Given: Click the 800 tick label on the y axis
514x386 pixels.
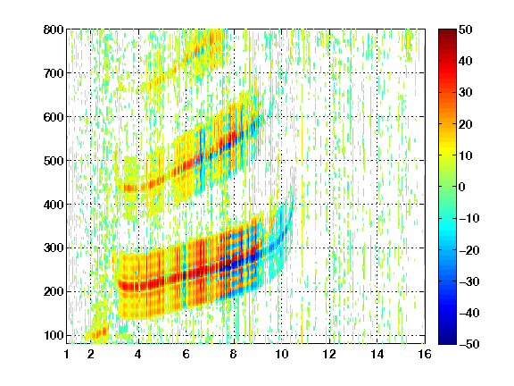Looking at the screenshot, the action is (54, 29).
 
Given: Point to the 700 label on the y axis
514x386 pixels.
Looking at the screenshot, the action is (54, 73).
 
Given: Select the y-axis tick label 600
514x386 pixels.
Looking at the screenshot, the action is (54, 117).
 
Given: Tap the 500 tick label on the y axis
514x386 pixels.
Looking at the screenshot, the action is (54, 161).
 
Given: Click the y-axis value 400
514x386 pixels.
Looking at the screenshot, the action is (54, 205).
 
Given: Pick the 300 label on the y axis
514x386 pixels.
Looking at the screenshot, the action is (54, 248).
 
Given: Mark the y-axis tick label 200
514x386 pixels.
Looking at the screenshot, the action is (54, 292).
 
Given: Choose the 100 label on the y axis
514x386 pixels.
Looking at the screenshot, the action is (54, 335).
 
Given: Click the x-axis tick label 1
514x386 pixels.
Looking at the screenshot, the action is (67, 354).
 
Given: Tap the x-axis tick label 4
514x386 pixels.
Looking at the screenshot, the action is (138, 354).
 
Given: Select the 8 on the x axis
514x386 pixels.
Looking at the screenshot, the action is (233, 354).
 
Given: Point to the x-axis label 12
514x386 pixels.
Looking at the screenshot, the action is (328, 354).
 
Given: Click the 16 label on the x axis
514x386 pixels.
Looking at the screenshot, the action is (425, 354).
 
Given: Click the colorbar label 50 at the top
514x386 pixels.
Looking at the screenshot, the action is (465, 29).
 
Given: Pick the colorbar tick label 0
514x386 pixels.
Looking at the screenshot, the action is (462, 187).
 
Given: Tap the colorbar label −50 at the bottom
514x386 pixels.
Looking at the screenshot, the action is (469, 344).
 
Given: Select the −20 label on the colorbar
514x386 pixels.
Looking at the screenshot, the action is (469, 250).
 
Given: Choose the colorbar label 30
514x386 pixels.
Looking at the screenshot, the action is (465, 93).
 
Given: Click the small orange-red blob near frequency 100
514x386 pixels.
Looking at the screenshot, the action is (99, 332).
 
